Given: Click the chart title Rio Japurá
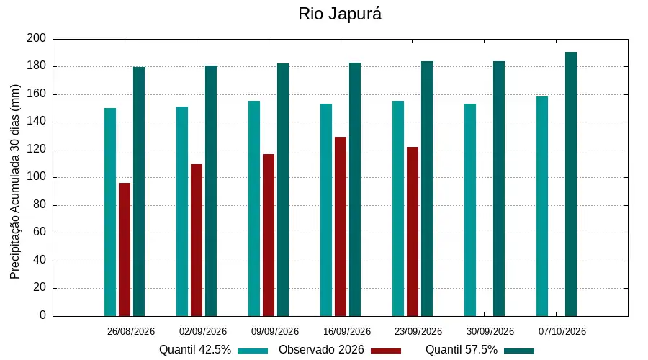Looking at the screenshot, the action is pos(340,14).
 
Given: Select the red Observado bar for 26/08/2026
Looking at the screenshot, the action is pos(125,250).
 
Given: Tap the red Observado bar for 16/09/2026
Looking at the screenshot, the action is pos(341,227).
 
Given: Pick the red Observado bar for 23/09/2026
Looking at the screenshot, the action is pos(413,231).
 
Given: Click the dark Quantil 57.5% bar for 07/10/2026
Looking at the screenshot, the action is pos(571,184).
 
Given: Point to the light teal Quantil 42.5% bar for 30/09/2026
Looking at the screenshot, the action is pos(470,210).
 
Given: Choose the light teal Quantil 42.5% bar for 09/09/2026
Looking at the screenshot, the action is pos(254,208).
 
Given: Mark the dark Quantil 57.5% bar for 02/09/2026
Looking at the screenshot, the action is pos(211,191).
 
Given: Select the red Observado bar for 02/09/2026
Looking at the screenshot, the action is pos(197,240).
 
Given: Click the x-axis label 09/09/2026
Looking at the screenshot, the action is pos(275,331).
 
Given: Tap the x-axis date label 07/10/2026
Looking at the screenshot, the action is pos(562,331).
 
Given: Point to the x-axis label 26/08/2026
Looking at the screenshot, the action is pos(130,331).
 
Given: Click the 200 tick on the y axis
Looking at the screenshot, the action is pos(37,38).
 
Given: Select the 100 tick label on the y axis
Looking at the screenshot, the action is pos(37,177).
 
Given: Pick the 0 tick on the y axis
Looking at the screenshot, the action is pos(43,315).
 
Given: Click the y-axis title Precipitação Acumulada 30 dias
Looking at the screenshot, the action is pos(15,181).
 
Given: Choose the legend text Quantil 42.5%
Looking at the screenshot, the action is pos(195,350).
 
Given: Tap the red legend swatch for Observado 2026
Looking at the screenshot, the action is pos(386,351).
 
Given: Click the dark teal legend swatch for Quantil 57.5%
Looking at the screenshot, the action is pos(519,351).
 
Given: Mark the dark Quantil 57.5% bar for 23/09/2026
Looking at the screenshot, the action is pos(427,189).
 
